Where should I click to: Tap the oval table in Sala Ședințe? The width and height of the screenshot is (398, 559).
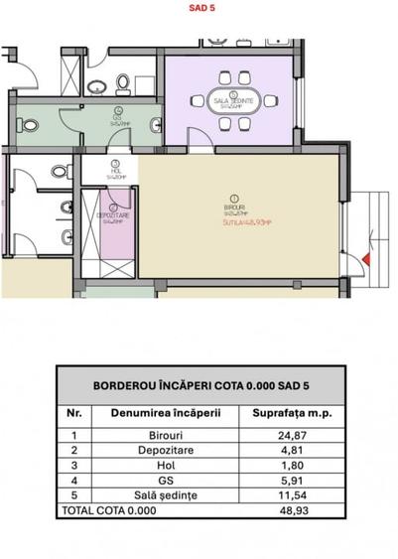[x=234, y=100]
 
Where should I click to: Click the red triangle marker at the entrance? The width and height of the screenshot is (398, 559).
[x=366, y=258]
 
